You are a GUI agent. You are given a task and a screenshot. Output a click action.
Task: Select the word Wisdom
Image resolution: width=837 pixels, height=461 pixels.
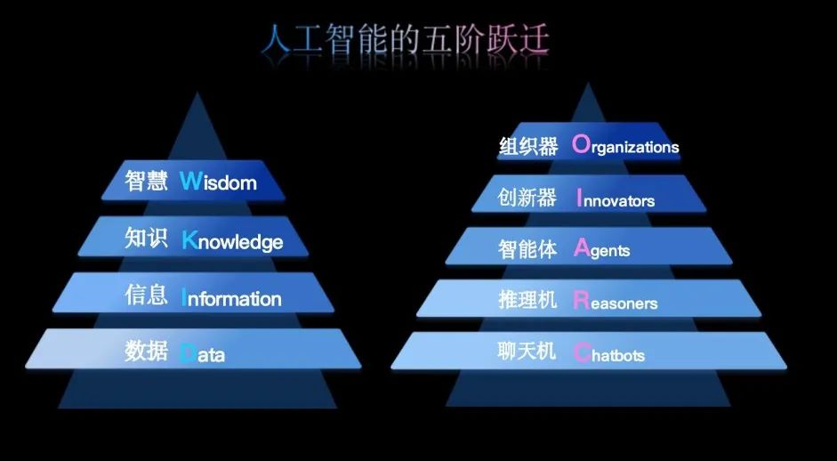coord(218,181)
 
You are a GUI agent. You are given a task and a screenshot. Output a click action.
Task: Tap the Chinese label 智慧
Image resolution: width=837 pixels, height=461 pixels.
coord(146,181)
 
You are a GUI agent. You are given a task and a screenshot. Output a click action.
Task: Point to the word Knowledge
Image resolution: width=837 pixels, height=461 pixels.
coord(232,240)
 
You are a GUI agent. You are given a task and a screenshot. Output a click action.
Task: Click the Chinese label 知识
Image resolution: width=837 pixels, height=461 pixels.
coord(146,238)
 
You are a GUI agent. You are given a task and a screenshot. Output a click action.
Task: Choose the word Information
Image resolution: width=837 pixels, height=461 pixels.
coord(231,297)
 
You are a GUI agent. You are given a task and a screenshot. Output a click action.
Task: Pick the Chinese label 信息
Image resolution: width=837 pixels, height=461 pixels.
coord(146,295)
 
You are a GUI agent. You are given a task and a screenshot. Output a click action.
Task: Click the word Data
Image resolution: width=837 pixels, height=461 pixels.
coord(202,353)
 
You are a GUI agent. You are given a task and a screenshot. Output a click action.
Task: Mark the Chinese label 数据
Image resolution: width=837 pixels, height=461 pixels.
coord(146,351)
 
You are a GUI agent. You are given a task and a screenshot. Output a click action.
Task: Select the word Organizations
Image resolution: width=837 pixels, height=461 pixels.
coord(625,145)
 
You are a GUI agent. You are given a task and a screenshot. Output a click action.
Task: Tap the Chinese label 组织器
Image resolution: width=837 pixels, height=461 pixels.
coord(528,146)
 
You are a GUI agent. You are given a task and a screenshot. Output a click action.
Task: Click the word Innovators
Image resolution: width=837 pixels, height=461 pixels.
coord(616,199)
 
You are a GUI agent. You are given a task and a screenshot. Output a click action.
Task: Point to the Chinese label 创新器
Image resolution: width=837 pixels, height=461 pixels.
coord(527,198)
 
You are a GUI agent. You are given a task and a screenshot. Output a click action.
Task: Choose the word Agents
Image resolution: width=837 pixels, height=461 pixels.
coord(601,249)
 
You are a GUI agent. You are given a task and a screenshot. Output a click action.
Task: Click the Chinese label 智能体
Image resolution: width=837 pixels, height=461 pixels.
coord(527,249)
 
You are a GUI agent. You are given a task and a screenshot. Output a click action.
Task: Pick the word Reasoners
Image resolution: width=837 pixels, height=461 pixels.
coord(616,302)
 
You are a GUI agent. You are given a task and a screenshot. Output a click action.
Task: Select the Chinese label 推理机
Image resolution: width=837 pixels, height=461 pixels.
coord(527,300)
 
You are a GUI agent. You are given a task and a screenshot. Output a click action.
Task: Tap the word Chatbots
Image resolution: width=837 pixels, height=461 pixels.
coord(609,353)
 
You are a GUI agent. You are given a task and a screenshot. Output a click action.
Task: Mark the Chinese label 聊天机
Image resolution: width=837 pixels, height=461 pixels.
coord(527,352)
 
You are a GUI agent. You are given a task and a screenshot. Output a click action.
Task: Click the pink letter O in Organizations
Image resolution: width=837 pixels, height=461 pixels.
coord(581,143)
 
